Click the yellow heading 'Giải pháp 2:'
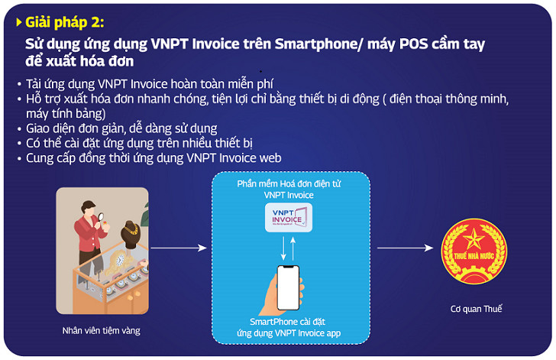point(65,22)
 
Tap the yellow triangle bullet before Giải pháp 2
point(19,22)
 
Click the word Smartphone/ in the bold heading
point(318,44)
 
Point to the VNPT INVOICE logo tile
point(289,217)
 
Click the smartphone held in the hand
point(288,287)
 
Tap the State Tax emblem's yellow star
point(474,238)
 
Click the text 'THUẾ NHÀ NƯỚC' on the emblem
point(474,256)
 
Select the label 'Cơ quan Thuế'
point(477,309)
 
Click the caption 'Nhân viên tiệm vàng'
point(102,330)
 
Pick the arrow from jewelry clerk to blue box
point(179,248)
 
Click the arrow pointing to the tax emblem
point(406,248)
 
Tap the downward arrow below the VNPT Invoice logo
point(283,248)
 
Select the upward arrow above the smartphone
point(293,248)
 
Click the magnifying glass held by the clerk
point(101,216)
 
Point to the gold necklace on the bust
point(131,229)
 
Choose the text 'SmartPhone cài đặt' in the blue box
point(288,322)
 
